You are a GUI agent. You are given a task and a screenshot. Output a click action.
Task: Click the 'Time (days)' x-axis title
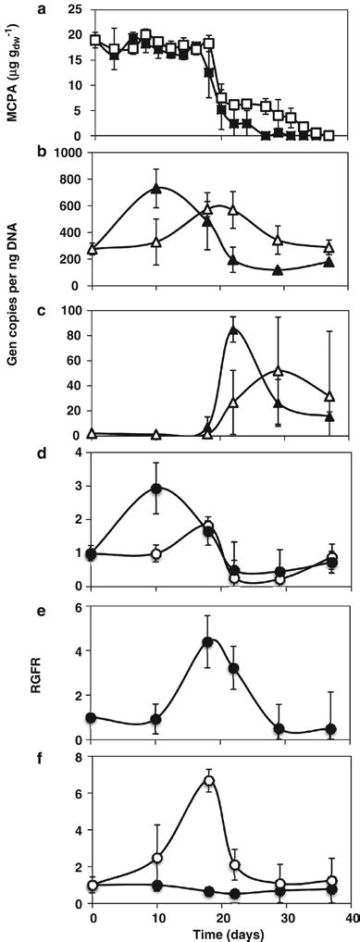[x=221, y=933]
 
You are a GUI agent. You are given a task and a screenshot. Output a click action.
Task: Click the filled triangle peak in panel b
[x=156, y=189]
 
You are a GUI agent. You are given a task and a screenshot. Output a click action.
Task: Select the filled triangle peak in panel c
[x=234, y=329]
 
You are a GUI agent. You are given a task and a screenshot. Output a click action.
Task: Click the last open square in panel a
[x=329, y=135]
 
